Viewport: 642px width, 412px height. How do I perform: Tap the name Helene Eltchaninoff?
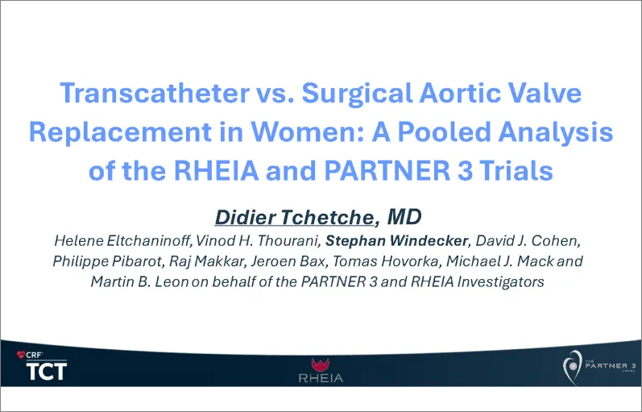[110, 240]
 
